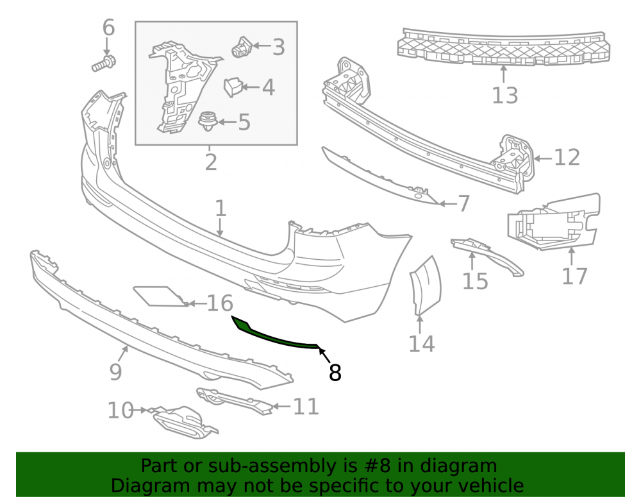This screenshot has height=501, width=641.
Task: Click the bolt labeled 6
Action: pos(104,64)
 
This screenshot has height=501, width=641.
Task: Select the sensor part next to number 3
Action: pos(242,47)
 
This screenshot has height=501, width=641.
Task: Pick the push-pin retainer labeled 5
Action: pos(208,121)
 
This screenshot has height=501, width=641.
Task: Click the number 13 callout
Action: pos(505,96)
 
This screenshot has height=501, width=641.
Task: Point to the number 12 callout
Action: pos(567,157)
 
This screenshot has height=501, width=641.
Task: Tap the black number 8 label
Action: pos(335,373)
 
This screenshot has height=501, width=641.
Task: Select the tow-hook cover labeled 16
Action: pos(160,296)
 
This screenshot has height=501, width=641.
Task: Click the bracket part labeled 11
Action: pos(233,401)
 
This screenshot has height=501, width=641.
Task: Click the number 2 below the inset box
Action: pos(210,163)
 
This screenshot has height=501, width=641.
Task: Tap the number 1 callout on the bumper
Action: pos(221,208)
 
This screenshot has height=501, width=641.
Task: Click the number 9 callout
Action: pos(115,372)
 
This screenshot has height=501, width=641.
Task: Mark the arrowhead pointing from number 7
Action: pos(442,203)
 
